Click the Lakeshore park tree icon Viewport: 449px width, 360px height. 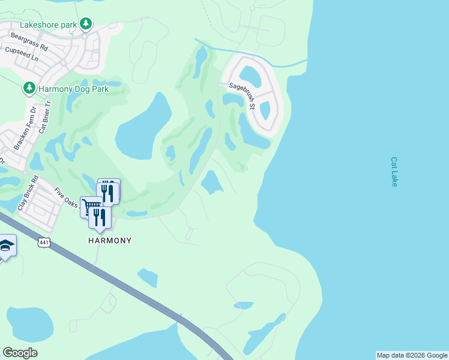(x=86, y=24)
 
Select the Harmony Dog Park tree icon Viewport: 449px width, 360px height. (x=29, y=88)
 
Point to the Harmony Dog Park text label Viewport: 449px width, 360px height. (x=73, y=89)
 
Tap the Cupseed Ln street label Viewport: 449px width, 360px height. (x=21, y=51)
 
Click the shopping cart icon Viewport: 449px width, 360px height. (x=91, y=207)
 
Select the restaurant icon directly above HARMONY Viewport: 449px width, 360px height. (x=100, y=217)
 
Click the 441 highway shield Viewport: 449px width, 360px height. (x=43, y=242)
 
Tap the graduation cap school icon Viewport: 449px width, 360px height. (x=6, y=245)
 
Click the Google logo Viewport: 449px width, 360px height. (x=20, y=353)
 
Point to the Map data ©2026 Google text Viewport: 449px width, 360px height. (x=412, y=355)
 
